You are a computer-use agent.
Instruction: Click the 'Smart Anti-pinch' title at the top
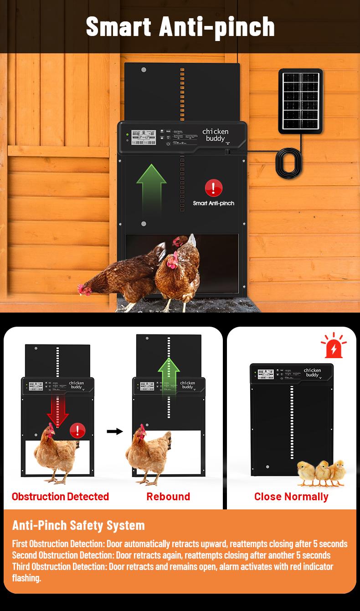click(180, 26)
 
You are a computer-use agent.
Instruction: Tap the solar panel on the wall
click(301, 101)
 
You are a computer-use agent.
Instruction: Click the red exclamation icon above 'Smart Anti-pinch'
click(213, 188)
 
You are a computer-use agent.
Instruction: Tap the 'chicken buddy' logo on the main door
click(216, 135)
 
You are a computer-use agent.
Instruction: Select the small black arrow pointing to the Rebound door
click(115, 431)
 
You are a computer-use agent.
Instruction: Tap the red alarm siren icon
click(334, 346)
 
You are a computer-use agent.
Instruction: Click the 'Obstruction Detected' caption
click(60, 496)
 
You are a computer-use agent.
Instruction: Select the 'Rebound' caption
click(168, 496)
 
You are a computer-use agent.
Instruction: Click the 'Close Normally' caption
click(291, 496)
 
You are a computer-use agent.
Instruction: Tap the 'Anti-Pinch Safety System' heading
click(78, 525)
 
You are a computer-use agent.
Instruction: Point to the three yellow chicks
click(321, 472)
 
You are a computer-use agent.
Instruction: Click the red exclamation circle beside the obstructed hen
click(77, 430)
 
